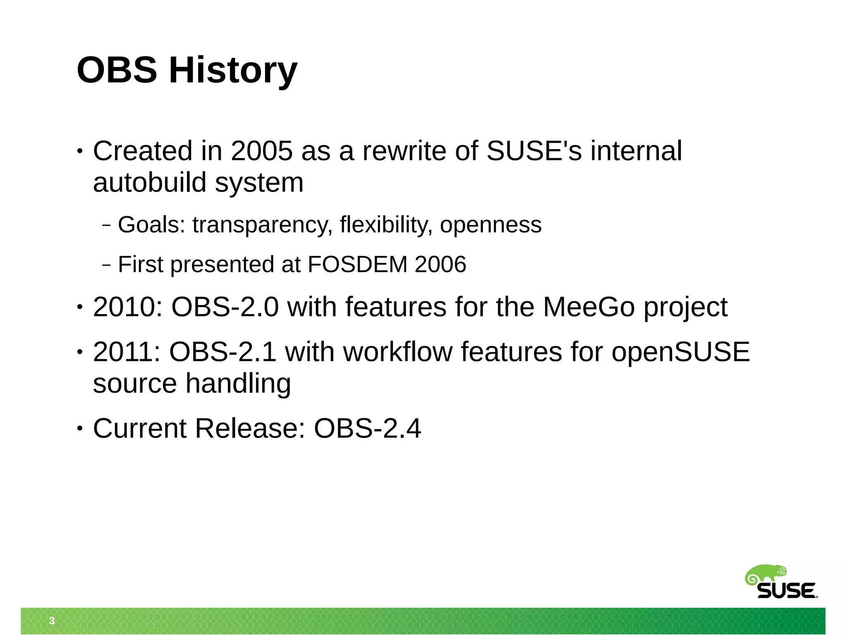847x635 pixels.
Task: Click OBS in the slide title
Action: (117, 70)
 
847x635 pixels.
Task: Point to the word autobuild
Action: (149, 183)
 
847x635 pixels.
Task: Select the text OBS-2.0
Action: (225, 307)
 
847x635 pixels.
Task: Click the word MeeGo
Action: (589, 307)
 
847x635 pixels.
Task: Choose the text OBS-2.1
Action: (223, 352)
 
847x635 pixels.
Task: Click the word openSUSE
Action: (680, 352)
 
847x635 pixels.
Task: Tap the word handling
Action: (238, 384)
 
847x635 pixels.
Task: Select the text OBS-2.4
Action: (367, 428)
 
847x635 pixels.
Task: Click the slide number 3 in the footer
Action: (52, 621)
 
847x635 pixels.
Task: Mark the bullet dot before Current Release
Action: (79, 429)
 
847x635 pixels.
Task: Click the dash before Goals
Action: (106, 226)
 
